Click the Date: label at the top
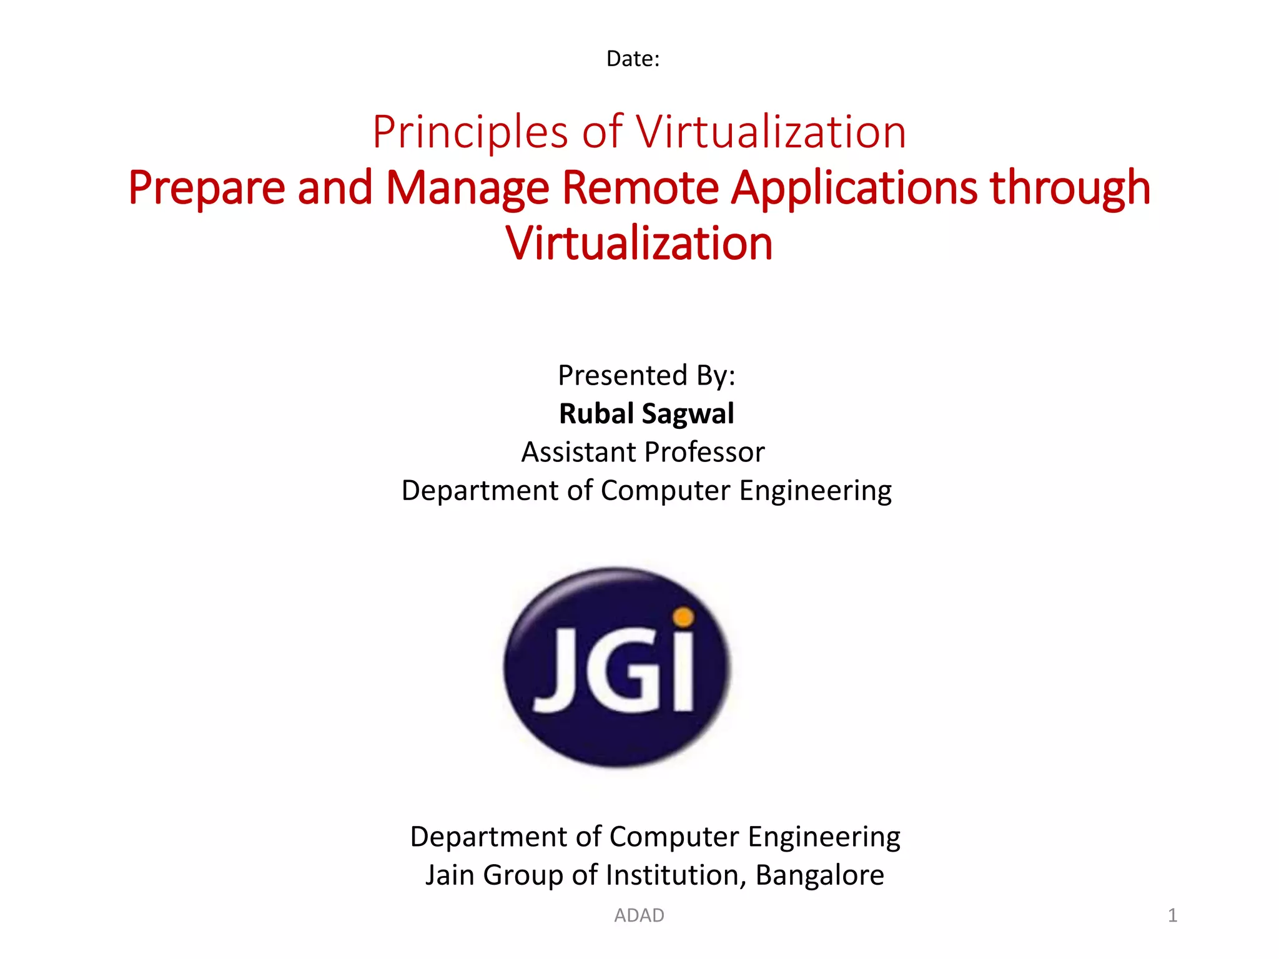(x=633, y=59)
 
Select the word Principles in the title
(x=470, y=132)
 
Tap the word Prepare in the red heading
(x=206, y=188)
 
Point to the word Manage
(x=467, y=188)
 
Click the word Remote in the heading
(x=640, y=188)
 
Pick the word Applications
(x=854, y=188)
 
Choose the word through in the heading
(x=1070, y=188)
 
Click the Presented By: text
(x=646, y=375)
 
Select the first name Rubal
(x=596, y=414)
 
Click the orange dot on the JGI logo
(x=684, y=617)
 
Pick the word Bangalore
(x=819, y=875)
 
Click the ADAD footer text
(x=639, y=915)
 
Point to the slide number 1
(x=1172, y=915)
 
